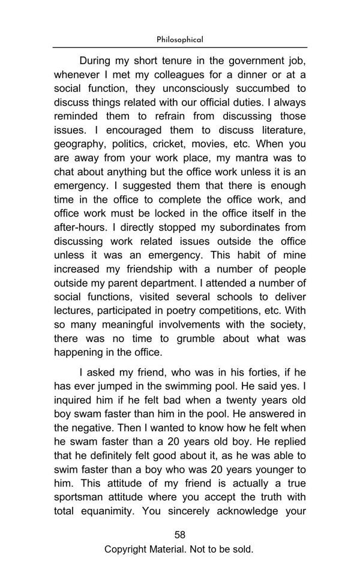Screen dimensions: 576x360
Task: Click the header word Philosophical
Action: pyautogui.click(x=180, y=40)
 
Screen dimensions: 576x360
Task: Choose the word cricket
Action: pyautogui.click(x=171, y=144)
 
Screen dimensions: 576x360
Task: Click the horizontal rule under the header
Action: pyautogui.click(x=180, y=47)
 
